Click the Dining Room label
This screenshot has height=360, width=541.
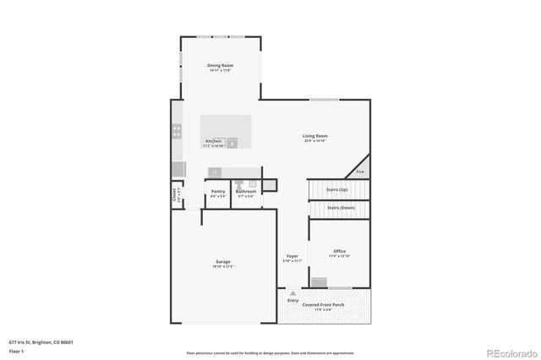coord(220,65)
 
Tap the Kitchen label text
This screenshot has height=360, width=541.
coord(213,141)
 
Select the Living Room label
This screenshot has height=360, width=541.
coord(315,136)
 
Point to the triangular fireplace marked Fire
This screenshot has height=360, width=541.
coord(361,167)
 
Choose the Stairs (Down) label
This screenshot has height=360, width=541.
coord(340,207)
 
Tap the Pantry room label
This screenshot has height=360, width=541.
coord(217,192)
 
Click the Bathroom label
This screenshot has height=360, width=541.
coord(246,192)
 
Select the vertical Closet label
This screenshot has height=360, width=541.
coord(175,194)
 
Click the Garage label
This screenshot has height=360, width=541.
coord(222,262)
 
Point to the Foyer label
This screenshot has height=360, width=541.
coord(292,256)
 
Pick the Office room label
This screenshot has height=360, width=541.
coord(339,251)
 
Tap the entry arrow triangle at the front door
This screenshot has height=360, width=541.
coord(292,293)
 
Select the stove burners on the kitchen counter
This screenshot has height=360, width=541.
coord(178,131)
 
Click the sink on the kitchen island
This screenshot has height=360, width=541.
coord(232,143)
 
